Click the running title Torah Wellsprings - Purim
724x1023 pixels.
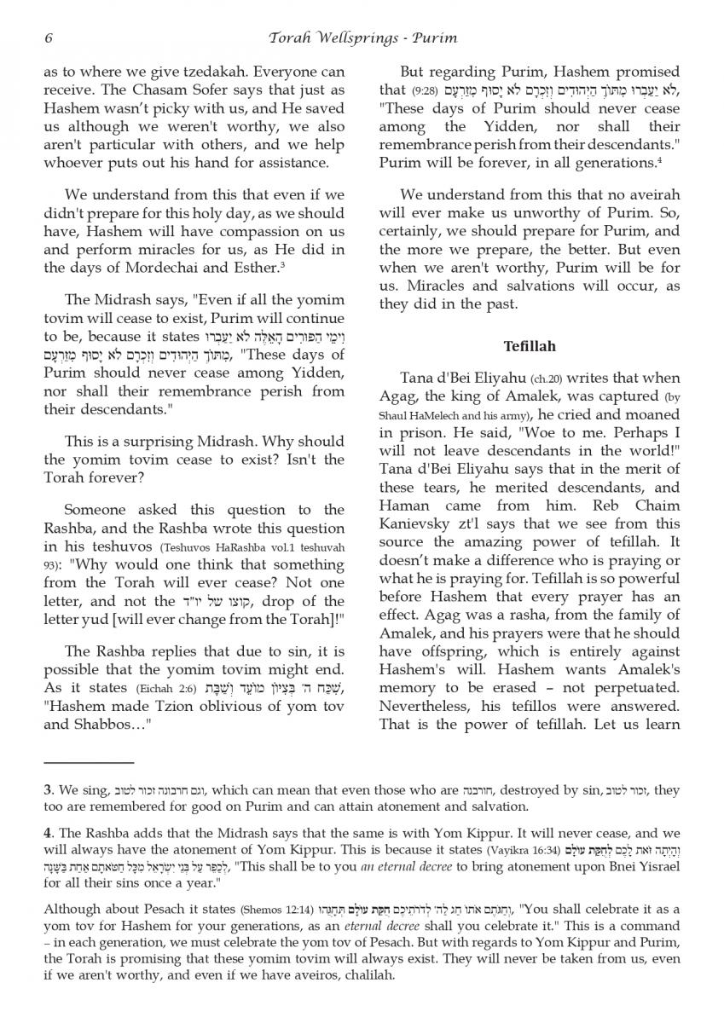[x=362, y=38]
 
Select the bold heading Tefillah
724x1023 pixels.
[x=529, y=346]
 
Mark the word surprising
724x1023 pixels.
[x=163, y=442]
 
